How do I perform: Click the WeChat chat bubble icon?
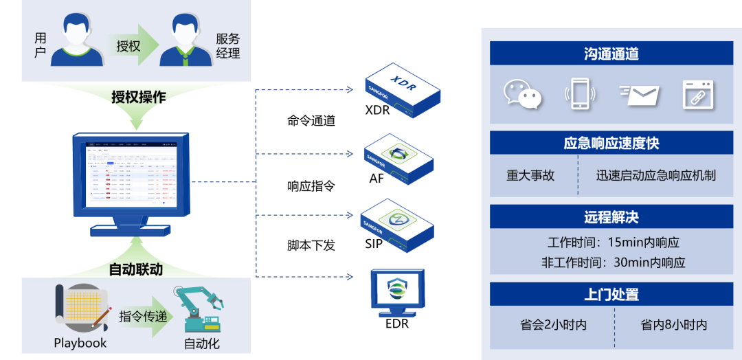tap(522, 93)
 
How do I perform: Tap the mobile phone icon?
tap(579, 93)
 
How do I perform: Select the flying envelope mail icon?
tap(639, 94)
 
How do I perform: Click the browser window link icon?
tap(697, 94)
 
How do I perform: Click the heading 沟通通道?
tap(611, 54)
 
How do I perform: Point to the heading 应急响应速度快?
tap(611, 144)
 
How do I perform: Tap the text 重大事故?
tap(530, 175)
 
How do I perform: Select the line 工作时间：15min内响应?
tap(613, 243)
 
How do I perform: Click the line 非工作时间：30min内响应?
tap(613, 262)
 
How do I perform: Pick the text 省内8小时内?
tap(673, 325)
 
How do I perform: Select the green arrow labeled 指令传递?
tap(145, 315)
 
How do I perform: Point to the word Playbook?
tap(80, 343)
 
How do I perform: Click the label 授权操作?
tap(139, 97)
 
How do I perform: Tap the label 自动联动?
tap(136, 269)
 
